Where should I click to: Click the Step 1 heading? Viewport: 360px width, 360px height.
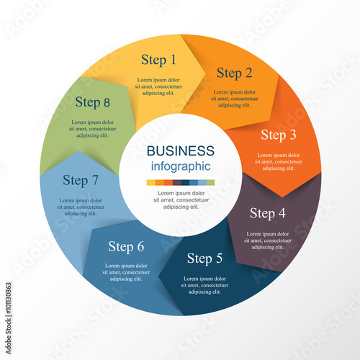pyautogui.click(x=158, y=60)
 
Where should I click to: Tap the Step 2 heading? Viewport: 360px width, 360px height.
pyautogui.click(x=235, y=73)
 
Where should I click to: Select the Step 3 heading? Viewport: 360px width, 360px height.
pyautogui.click(x=279, y=135)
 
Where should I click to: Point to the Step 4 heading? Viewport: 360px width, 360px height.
pyautogui.click(x=268, y=213)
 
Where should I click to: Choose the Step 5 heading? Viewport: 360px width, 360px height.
pyautogui.click(x=204, y=258)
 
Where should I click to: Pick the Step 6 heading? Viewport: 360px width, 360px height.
pyautogui.click(x=126, y=246)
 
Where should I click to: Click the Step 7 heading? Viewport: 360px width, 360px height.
pyautogui.click(x=81, y=180)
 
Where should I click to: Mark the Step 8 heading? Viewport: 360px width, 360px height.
pyautogui.click(x=93, y=102)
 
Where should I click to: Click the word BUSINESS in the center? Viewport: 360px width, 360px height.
pyautogui.click(x=181, y=150)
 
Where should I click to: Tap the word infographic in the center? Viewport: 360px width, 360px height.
pyautogui.click(x=181, y=166)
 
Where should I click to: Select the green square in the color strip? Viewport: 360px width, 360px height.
pyautogui.click(x=210, y=183)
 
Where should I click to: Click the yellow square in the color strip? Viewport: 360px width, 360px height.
pyautogui.click(x=151, y=183)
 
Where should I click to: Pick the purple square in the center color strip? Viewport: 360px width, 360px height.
pyautogui.click(x=176, y=183)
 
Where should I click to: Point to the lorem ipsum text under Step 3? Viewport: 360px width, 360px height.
pyautogui.click(x=279, y=161)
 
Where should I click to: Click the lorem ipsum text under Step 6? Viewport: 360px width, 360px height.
pyautogui.click(x=126, y=272)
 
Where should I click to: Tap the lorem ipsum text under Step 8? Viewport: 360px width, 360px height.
pyautogui.click(x=93, y=129)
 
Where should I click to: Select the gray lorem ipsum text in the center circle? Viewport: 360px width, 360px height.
pyautogui.click(x=181, y=200)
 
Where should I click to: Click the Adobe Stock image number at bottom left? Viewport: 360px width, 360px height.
pyautogui.click(x=9, y=298)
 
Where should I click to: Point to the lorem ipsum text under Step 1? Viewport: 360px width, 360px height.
pyautogui.click(x=158, y=86)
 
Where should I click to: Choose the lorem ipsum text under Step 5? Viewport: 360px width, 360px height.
pyautogui.click(x=204, y=285)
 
